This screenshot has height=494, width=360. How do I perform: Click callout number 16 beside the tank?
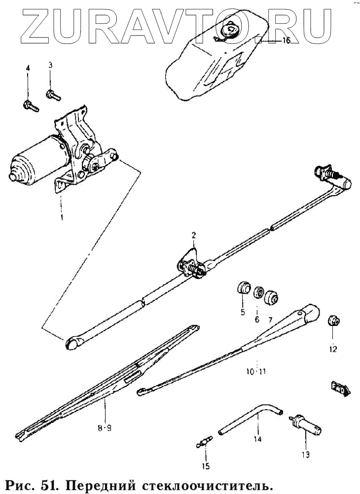coord(287,41)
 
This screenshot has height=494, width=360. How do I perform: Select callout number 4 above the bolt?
coord(28,68)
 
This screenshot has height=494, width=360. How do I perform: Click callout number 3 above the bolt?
coord(50,66)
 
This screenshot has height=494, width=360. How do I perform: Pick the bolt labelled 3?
coord(51,93)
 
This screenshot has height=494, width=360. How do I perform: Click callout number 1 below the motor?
coord(62,216)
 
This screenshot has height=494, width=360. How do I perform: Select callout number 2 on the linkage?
coord(194,235)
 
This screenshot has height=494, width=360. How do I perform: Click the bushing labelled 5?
coord(243,287)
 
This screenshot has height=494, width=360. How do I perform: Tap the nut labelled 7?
coord(271,298)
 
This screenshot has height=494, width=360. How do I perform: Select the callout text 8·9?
coord(104,428)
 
